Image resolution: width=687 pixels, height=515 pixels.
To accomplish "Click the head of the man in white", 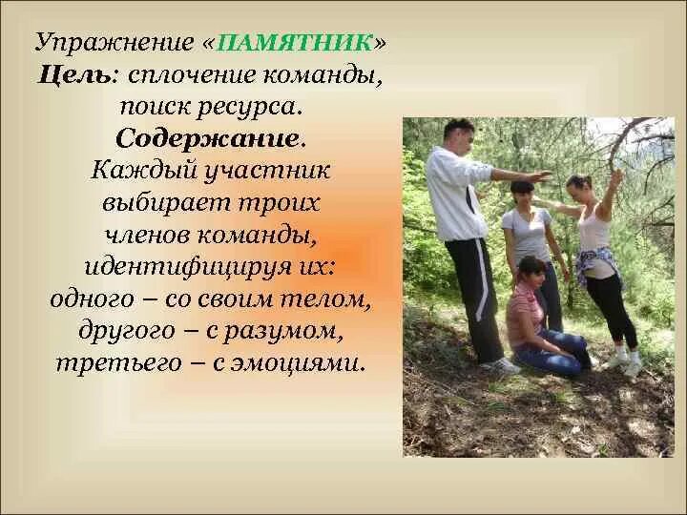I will coord(457,135).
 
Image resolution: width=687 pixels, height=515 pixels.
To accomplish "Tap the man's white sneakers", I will coord(502,365).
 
